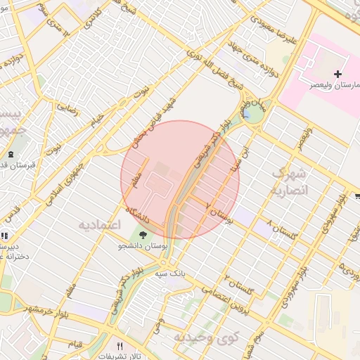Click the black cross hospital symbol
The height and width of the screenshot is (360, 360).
click(338, 73)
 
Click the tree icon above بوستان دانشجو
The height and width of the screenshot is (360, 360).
click(143, 236)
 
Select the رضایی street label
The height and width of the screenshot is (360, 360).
click(68, 109)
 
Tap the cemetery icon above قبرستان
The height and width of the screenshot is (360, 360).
click(10, 154)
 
